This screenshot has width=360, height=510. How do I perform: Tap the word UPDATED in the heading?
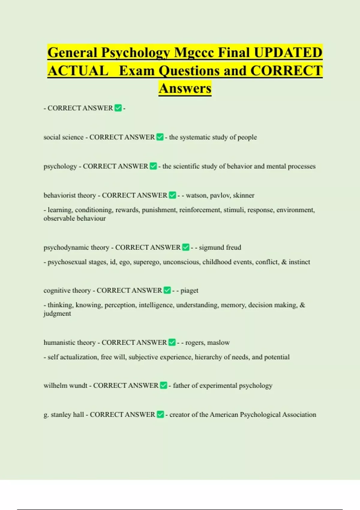[288, 53]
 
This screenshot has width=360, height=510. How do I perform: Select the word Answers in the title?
[185, 88]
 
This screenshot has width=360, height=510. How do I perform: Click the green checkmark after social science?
[160, 137]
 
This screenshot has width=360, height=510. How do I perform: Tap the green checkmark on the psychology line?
[153, 166]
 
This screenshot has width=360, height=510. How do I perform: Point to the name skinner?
[244, 195]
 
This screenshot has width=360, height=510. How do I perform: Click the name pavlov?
[220, 195]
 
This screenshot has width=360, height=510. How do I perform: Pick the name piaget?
[189, 290]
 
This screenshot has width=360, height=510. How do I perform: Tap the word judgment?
[57, 314]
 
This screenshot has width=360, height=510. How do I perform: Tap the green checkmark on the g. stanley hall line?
[160, 415]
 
